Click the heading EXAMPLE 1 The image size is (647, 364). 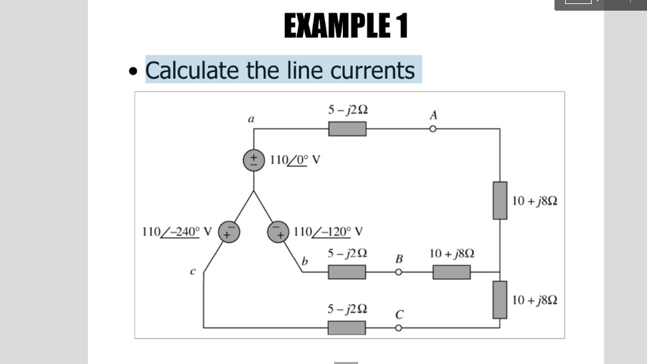(x=346, y=27)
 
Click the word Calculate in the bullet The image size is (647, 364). (x=192, y=70)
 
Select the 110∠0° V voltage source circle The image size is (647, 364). (x=254, y=160)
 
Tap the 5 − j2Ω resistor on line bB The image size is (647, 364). (x=347, y=272)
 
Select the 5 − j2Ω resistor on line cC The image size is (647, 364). (x=347, y=327)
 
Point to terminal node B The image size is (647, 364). (x=399, y=272)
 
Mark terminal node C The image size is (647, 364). (x=399, y=327)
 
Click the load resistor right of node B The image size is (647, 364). (x=451, y=272)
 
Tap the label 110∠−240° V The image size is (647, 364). (x=177, y=233)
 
